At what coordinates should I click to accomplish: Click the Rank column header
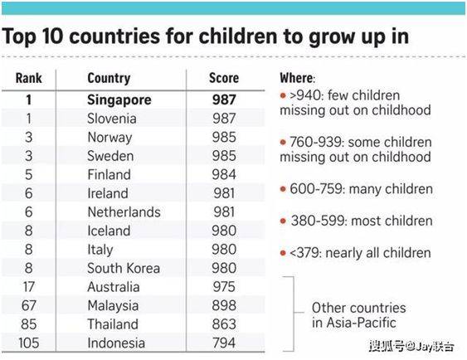28,78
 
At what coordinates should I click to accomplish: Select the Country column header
109,79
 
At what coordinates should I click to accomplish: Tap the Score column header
224,78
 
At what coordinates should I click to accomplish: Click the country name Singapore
119,100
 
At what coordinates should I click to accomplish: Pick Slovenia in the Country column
112,119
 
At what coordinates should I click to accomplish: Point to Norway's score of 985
224,137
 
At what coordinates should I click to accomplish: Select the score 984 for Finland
224,174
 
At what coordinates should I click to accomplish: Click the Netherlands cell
124,212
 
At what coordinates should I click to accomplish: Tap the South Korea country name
124,268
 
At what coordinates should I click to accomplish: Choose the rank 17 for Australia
28,287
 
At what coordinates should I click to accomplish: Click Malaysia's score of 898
224,305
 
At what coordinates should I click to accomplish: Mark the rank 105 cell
28,343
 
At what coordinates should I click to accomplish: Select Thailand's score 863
224,324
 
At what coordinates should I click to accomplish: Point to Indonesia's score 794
224,343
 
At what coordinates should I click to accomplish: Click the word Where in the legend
296,78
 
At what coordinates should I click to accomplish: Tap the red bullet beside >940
283,95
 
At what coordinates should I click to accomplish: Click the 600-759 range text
316,189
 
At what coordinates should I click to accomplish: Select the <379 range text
304,253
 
